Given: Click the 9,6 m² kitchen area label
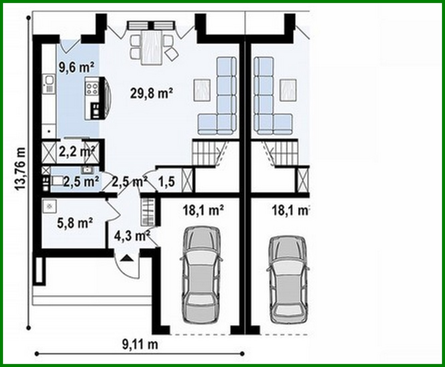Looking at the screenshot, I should pos(76,67).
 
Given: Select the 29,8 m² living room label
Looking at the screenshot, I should pos(151,94).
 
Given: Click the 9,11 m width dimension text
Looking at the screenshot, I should pos(140,344).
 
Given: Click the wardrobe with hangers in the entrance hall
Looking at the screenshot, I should pos(147,211).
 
